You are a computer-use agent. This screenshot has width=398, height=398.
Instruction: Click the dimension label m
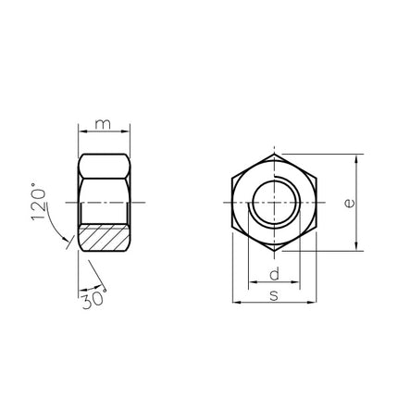[103, 124]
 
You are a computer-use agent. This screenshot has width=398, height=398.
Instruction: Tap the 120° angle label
[39, 202]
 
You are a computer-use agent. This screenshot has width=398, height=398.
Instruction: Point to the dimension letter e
[350, 204]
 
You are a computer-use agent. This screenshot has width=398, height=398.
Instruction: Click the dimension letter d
[274, 274]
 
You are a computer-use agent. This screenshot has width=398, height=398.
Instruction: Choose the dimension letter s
[274, 295]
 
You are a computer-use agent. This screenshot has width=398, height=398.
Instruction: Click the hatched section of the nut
[104, 238]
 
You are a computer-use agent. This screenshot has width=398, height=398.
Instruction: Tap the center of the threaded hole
[274, 203]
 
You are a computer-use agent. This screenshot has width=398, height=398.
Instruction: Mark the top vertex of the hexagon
[274, 154]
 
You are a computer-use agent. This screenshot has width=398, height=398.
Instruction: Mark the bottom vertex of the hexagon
[274, 251]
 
